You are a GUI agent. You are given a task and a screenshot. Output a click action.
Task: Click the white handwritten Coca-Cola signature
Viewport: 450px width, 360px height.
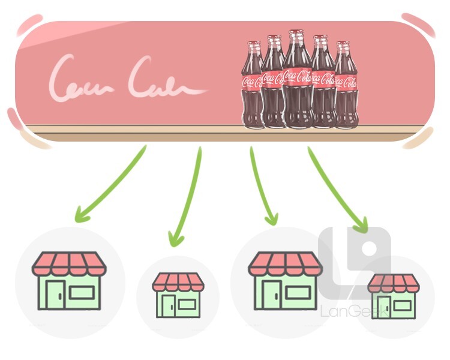126,78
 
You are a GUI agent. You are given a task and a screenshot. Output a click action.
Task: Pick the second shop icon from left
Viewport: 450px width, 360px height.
178,295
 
